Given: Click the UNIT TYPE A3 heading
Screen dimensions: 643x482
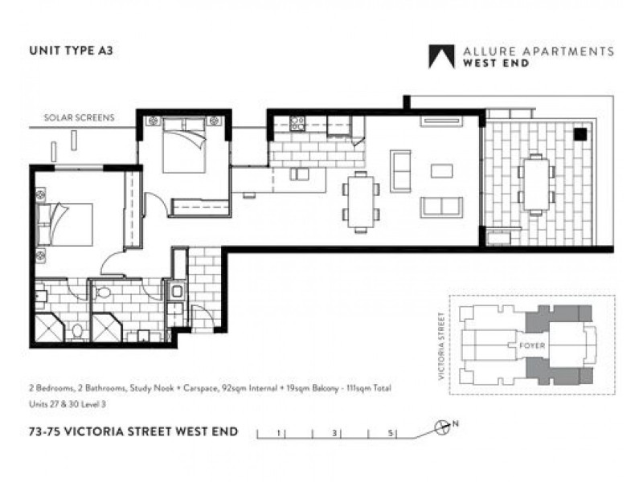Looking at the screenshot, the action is click(71, 51).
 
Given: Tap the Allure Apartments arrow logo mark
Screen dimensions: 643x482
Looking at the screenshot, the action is click(441, 56).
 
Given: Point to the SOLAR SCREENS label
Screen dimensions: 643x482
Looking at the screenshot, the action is click(79, 117).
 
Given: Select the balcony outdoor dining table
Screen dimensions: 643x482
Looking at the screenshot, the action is click(536, 185).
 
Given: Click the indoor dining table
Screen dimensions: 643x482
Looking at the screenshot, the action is click(360, 202).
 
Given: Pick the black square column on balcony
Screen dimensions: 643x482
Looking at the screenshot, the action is click(580, 134).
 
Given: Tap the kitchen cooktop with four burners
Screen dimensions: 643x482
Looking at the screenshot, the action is click(297, 124).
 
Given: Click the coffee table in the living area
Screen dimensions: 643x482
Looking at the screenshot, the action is click(441, 170).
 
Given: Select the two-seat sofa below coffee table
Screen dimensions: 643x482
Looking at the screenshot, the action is click(441, 207).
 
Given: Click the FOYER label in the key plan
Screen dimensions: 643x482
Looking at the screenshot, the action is click(532, 345).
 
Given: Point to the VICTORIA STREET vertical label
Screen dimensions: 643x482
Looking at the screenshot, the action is click(441, 346).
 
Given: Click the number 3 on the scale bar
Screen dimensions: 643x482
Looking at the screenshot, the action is click(334, 433).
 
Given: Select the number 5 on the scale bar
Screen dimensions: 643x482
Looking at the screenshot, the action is click(391, 433).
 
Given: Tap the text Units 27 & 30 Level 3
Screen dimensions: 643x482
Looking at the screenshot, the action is click(68, 404).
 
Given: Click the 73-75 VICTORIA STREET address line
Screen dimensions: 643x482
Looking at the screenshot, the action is click(133, 431).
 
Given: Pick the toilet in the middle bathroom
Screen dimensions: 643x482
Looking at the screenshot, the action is click(103, 292).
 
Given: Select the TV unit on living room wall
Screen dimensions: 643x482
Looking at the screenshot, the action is click(441, 121).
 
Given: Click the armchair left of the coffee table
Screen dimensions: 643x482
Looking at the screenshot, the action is click(400, 171).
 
